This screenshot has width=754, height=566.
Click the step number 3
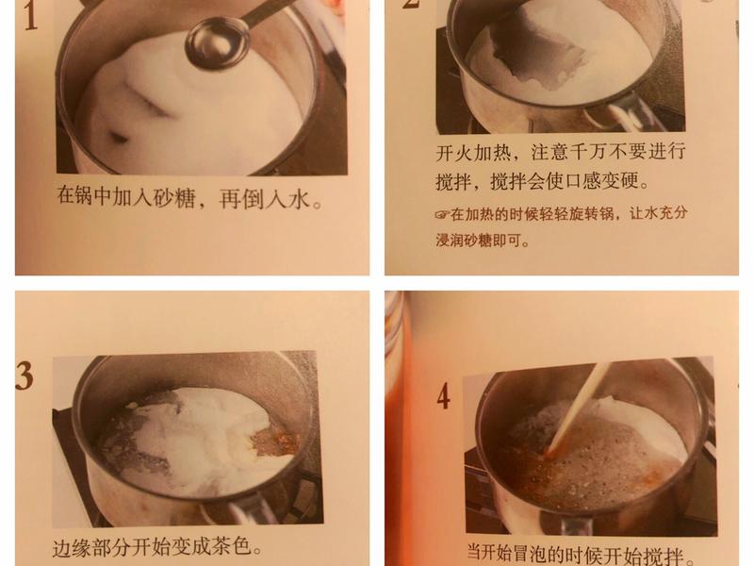(x=24, y=375)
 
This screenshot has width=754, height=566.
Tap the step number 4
(x=442, y=396)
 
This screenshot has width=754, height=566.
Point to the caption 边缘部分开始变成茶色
(x=156, y=547)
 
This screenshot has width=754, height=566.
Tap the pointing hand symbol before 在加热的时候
(x=443, y=214)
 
